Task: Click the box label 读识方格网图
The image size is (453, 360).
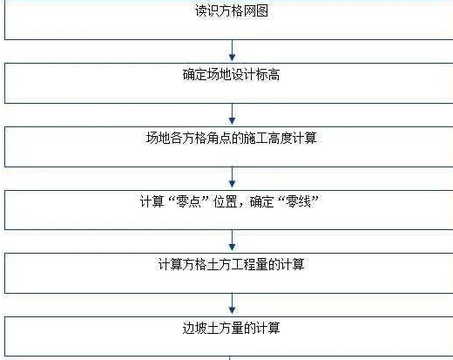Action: [x=232, y=11]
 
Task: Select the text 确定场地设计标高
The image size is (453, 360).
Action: [x=232, y=75]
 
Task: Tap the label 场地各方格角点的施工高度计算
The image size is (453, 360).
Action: [x=232, y=138]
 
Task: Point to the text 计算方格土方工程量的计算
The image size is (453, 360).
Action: [x=232, y=264]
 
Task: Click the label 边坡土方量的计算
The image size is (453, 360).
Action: [x=232, y=328]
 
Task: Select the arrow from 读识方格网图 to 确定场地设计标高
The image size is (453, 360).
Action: [x=232, y=51]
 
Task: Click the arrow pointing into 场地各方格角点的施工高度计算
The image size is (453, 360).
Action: [x=232, y=114]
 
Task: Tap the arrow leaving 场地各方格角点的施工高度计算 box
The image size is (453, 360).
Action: [x=232, y=177]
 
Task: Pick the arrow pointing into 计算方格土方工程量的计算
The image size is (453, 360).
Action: [x=232, y=241]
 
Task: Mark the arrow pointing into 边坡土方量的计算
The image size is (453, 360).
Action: [x=232, y=303]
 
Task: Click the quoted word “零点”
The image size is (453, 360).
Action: [x=189, y=201]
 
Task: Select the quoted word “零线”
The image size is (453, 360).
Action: [x=298, y=201]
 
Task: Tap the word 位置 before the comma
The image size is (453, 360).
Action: [x=226, y=201]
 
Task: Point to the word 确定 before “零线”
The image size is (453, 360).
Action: [x=262, y=201]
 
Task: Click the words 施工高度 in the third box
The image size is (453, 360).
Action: [x=268, y=138]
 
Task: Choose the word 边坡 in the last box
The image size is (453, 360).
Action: [x=195, y=328]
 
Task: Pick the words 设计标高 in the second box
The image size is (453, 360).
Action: [x=256, y=75]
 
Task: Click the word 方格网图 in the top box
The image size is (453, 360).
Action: [x=244, y=11]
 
